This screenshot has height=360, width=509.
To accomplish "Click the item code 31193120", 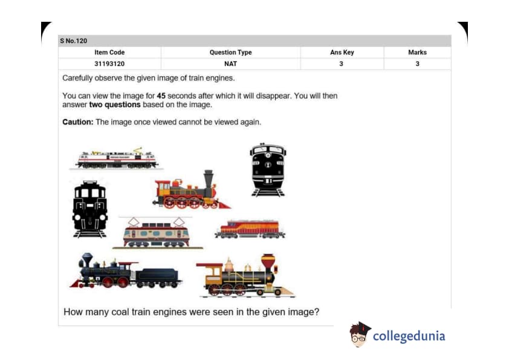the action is (109, 64).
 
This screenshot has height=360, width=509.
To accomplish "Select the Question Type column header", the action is (230, 52).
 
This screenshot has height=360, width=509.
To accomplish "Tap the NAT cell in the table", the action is (230, 64).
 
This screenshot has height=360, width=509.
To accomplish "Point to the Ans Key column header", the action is (342, 52).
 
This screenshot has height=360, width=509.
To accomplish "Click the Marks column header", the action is (417, 52).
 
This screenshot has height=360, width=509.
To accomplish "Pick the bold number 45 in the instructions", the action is (161, 96).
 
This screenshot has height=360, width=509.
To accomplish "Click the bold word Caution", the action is (77, 122).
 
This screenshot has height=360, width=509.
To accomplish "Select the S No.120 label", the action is (73, 41).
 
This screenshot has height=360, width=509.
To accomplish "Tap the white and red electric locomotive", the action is (117, 159).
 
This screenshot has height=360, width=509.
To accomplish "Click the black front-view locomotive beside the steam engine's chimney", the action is (268, 170).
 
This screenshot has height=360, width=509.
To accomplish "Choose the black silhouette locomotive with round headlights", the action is (90, 209).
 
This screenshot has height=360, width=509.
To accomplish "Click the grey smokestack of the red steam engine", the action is (209, 178).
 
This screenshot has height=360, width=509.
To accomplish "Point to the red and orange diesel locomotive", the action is (250, 229).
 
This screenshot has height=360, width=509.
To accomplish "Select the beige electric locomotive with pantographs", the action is (157, 233).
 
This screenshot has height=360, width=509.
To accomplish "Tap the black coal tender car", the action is (157, 278).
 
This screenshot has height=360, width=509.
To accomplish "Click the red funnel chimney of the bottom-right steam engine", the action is (268, 263).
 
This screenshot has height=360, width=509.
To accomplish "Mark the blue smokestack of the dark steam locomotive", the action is (86, 260).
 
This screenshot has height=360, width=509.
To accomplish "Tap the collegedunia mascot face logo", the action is (360, 334).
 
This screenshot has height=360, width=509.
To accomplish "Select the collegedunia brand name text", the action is (409, 336).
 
